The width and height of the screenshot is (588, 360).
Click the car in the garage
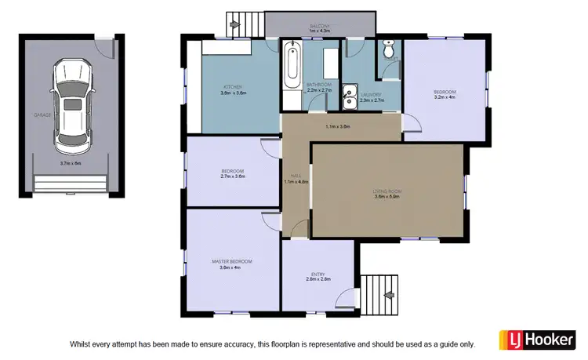pos(71,104)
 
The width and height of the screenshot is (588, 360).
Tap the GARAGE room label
pos(42,115)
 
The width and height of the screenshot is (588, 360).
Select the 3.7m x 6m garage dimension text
pos(71,163)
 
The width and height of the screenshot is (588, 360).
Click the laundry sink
pos(349,93)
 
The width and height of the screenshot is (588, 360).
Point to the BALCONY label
pos(319,26)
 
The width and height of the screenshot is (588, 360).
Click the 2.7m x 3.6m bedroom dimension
pos(233,177)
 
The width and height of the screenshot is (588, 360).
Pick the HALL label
pos(296,176)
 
